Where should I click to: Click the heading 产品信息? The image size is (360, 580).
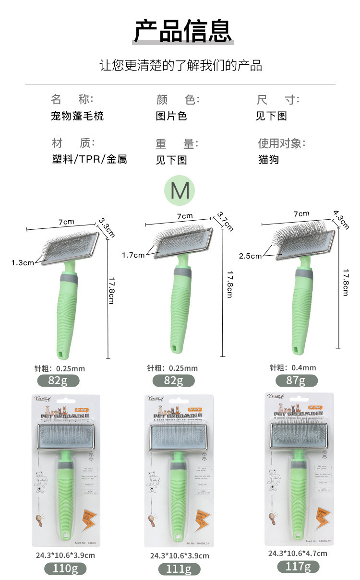click(x=182, y=31)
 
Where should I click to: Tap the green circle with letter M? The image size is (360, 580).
click(x=180, y=190)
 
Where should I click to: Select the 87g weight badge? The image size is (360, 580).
click(x=296, y=381)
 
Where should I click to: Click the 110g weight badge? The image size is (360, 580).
click(x=65, y=568)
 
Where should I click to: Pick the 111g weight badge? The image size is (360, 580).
click(x=179, y=569)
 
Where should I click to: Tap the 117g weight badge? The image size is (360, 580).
click(x=298, y=566)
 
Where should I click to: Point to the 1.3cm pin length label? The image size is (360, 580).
click(x=23, y=262)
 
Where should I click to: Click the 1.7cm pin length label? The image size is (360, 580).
click(x=133, y=255)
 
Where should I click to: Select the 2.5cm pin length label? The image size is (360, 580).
click(x=250, y=256)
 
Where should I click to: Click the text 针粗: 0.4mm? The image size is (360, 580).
click(x=293, y=368)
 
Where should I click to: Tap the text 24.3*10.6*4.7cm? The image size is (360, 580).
click(x=298, y=553)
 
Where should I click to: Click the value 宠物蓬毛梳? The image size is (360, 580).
click(x=77, y=116)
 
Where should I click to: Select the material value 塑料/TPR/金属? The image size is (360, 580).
click(x=89, y=159)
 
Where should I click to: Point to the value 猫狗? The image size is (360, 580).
click(x=268, y=159)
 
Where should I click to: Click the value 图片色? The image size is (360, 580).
click(x=171, y=116)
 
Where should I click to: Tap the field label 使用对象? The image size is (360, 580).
click(x=282, y=143)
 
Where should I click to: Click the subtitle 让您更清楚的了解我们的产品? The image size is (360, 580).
click(x=180, y=65)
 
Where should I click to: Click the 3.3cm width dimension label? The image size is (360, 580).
click(x=107, y=227)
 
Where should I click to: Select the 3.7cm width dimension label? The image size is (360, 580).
click(x=225, y=221)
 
